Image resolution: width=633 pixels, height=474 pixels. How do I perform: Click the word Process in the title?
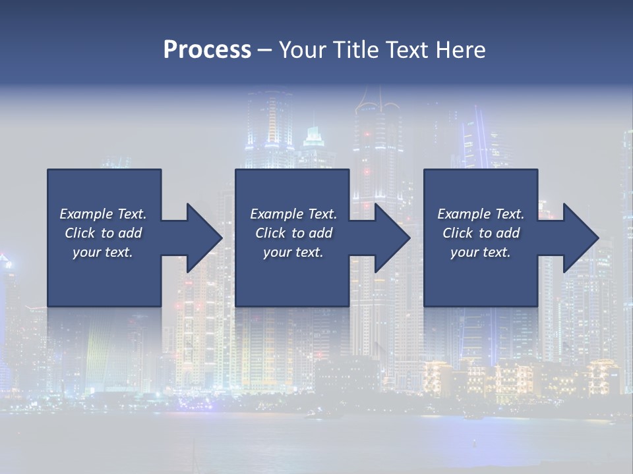click(207, 50)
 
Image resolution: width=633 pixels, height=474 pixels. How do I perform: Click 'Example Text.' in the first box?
click(103, 214)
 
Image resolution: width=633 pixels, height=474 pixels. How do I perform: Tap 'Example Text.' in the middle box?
click(293, 214)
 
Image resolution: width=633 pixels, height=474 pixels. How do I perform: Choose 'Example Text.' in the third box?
click(481, 214)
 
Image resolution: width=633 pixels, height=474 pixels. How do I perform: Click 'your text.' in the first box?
click(103, 252)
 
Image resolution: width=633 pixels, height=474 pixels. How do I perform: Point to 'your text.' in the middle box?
click(293, 252)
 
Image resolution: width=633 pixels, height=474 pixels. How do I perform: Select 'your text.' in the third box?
click(481, 252)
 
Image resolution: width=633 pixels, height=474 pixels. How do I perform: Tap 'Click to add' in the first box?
click(103, 233)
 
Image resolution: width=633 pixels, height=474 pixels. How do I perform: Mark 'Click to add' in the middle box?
click(293, 233)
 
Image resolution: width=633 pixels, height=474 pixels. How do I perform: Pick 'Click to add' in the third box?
click(481, 233)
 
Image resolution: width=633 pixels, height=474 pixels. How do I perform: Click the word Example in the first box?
click(86, 214)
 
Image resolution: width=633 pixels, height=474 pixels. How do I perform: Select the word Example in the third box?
click(464, 214)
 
